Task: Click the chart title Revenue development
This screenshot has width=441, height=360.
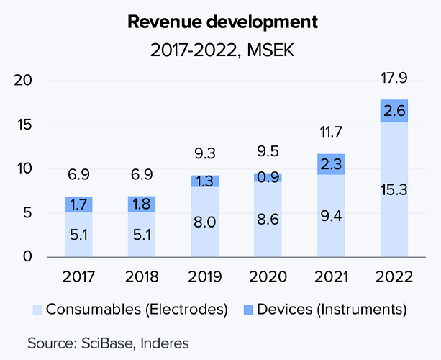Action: point(222,22)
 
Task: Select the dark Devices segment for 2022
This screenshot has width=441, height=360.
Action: point(394,111)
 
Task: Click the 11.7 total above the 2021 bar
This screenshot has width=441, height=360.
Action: point(330,131)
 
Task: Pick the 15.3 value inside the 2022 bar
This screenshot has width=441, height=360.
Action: point(394,190)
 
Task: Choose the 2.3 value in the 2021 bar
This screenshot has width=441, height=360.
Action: point(330,164)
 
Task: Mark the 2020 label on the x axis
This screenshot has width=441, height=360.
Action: point(267,276)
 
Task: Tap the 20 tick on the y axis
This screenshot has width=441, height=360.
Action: point(24,80)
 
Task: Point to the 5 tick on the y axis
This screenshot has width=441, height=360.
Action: point(28,212)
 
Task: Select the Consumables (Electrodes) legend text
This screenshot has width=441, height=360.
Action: point(137,310)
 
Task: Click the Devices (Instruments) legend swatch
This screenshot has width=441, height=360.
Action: point(247,310)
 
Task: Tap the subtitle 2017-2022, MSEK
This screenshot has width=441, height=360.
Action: point(222,50)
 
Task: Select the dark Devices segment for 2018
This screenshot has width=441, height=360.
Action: point(141,204)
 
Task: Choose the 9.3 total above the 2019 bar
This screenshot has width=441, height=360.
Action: point(204,153)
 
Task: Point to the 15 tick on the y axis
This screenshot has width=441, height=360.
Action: point(24,125)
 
